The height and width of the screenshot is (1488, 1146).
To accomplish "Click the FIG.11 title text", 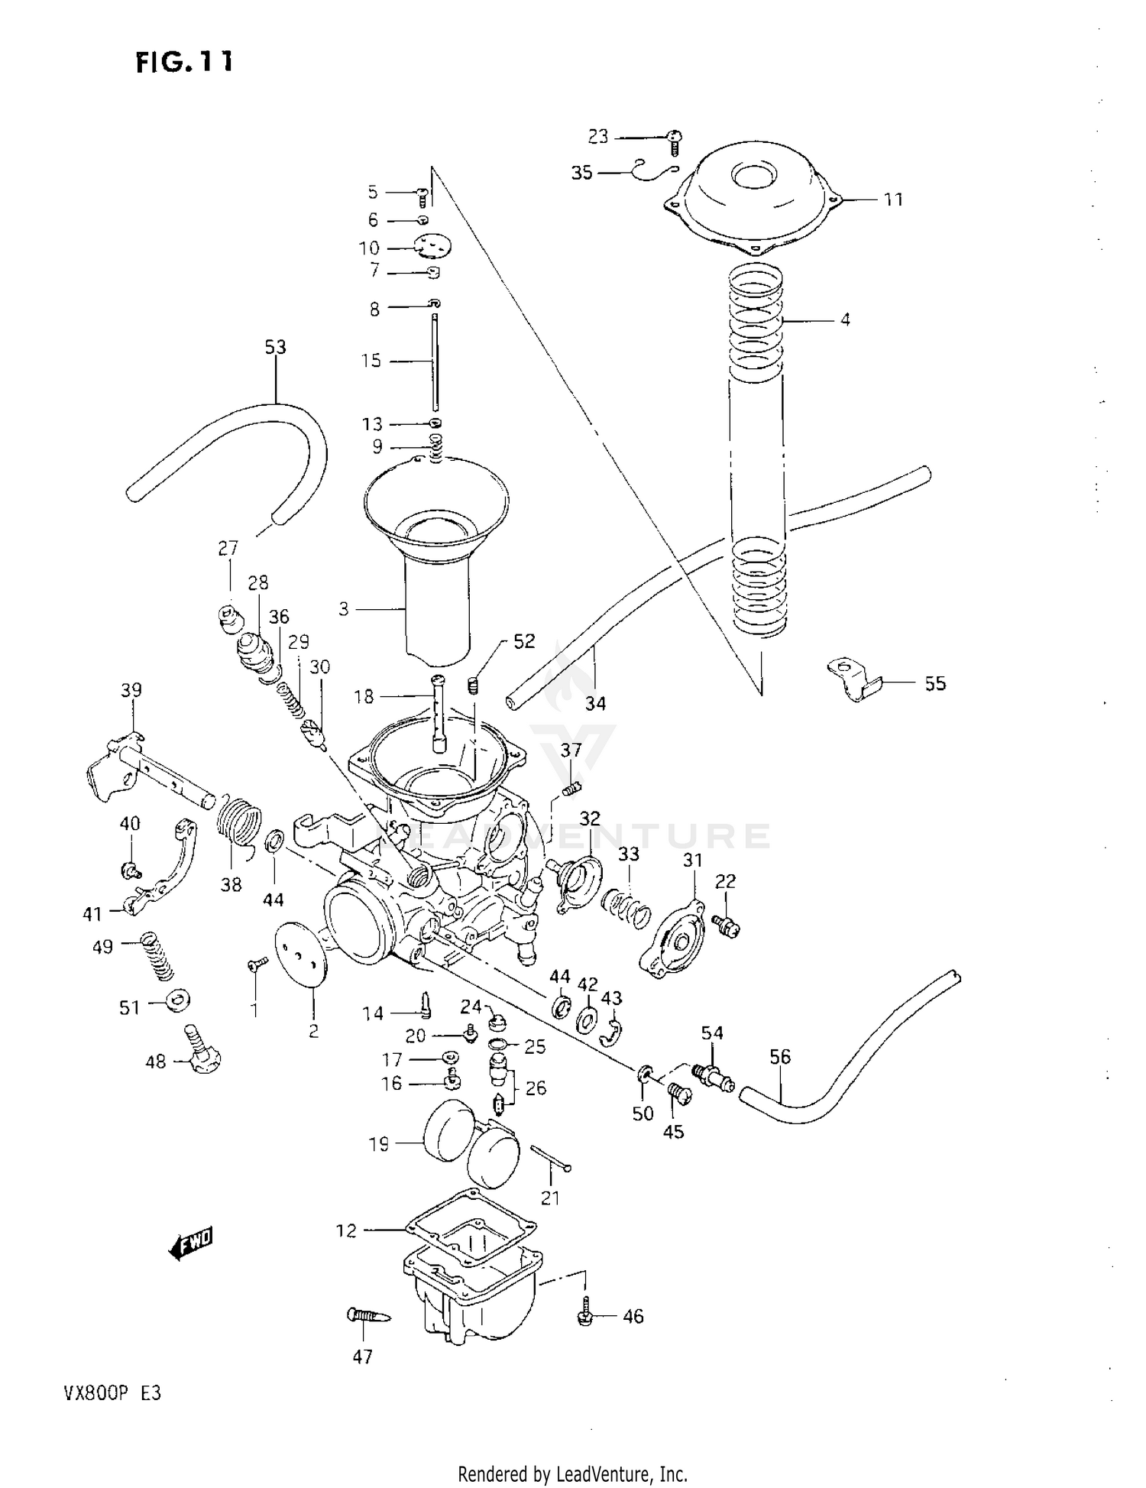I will pyautogui.click(x=184, y=62).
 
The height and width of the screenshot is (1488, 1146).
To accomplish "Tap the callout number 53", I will pyautogui.click(x=275, y=347).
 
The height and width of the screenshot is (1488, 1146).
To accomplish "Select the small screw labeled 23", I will pyautogui.click(x=675, y=139).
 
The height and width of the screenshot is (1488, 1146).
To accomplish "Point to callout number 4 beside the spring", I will pyautogui.click(x=845, y=319).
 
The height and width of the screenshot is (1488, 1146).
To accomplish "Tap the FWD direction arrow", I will pyautogui.click(x=190, y=1243).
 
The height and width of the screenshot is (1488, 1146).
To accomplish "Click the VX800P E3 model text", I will pyautogui.click(x=108, y=1392).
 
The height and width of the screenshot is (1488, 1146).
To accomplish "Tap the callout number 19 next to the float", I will pyautogui.click(x=379, y=1144).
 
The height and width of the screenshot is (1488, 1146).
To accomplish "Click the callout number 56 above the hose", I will pyautogui.click(x=780, y=1056).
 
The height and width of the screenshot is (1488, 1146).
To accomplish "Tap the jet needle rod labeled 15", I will pyautogui.click(x=434, y=359).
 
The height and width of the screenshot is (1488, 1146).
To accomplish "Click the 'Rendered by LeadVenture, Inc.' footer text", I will pyautogui.click(x=572, y=1473).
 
